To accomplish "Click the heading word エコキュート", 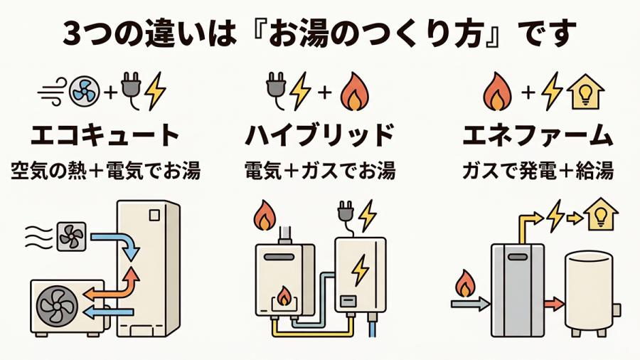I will click(x=105, y=134).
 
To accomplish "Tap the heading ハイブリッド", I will click(x=319, y=134).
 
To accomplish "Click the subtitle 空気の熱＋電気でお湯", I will click(x=105, y=171).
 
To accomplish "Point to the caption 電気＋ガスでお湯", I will click(x=319, y=171).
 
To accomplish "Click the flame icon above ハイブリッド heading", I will click(x=352, y=92).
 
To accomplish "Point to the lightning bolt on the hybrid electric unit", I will click(x=361, y=269).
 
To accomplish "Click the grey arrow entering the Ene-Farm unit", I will click(x=470, y=303).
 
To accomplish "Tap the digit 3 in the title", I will click(x=71, y=33).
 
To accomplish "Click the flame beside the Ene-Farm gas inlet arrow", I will click(x=466, y=283).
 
